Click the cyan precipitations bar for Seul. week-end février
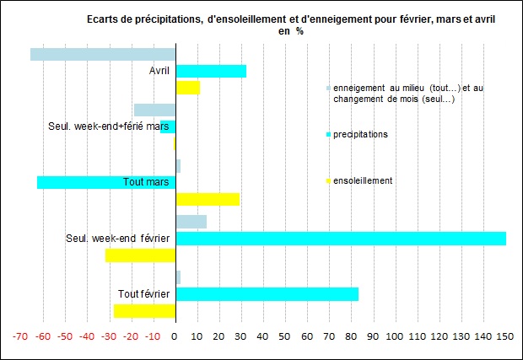[x=340, y=239]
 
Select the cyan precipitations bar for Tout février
[x=267, y=294]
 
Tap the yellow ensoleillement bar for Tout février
[x=144, y=311]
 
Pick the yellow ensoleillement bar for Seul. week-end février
[x=140, y=255]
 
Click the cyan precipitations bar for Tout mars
[x=105, y=182]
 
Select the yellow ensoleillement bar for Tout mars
[x=207, y=199]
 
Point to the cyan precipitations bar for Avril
[x=210, y=71]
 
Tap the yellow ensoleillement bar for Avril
[x=187, y=88]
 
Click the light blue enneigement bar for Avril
[x=103, y=54]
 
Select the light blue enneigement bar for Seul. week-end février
[x=191, y=222]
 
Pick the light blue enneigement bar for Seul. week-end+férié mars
[x=154, y=110]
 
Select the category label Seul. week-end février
[x=119, y=239]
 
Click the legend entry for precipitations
[x=360, y=134]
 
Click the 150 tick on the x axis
[x=504, y=336]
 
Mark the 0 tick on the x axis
[x=175, y=336]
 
